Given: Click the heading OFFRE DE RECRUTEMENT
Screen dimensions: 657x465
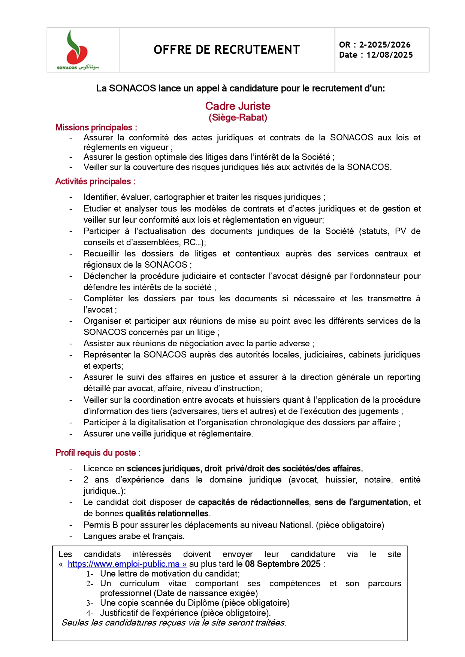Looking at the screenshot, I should click(x=227, y=50).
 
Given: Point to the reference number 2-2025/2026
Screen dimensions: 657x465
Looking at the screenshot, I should click(x=385, y=45).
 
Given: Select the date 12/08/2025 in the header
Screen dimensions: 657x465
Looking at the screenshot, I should click(x=389, y=55).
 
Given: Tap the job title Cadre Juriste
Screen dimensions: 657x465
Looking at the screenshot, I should click(x=238, y=106).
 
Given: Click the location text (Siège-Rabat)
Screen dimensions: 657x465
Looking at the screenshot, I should click(x=238, y=118).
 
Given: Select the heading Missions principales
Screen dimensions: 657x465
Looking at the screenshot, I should click(x=96, y=127).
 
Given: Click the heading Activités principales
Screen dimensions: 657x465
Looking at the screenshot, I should click(x=95, y=182).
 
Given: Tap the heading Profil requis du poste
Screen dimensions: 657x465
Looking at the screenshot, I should click(x=98, y=453).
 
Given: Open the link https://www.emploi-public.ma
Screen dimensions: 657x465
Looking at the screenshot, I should click(x=127, y=564).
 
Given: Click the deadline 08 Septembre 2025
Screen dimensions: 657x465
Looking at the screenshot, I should click(x=283, y=564).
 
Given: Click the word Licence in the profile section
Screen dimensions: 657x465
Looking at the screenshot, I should click(x=98, y=468).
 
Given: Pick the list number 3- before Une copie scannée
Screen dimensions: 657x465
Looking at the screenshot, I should click(x=89, y=603).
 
